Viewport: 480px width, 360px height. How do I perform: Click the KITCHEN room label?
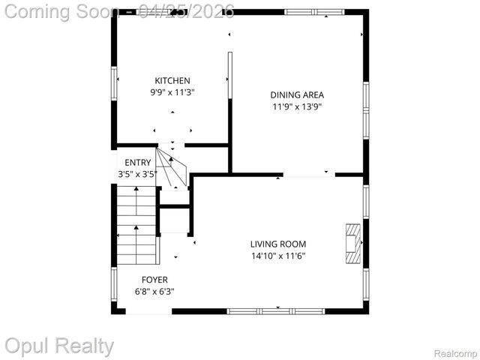pyautogui.click(x=172, y=81)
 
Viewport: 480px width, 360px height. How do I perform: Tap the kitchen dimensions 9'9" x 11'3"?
pyautogui.click(x=172, y=92)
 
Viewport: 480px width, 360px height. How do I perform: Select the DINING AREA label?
pyautogui.click(x=297, y=94)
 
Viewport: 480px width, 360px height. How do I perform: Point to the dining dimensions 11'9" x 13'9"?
pyautogui.click(x=297, y=106)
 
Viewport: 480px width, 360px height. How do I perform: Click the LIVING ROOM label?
pyautogui.click(x=278, y=244)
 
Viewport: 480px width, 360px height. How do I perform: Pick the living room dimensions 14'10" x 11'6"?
pyautogui.click(x=278, y=256)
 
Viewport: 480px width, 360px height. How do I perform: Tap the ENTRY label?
pyautogui.click(x=138, y=162)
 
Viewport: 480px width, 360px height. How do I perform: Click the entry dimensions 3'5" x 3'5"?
pyautogui.click(x=137, y=174)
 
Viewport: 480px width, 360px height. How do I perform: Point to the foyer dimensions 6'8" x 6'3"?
pyautogui.click(x=154, y=291)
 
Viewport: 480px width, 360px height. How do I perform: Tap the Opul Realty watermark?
pyautogui.click(x=59, y=346)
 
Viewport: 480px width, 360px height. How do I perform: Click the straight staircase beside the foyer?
pyautogui.click(x=137, y=225)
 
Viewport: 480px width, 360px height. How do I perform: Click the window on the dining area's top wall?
pyautogui.click(x=309, y=11)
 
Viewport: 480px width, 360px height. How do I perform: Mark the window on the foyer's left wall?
pyautogui.click(x=114, y=284)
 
